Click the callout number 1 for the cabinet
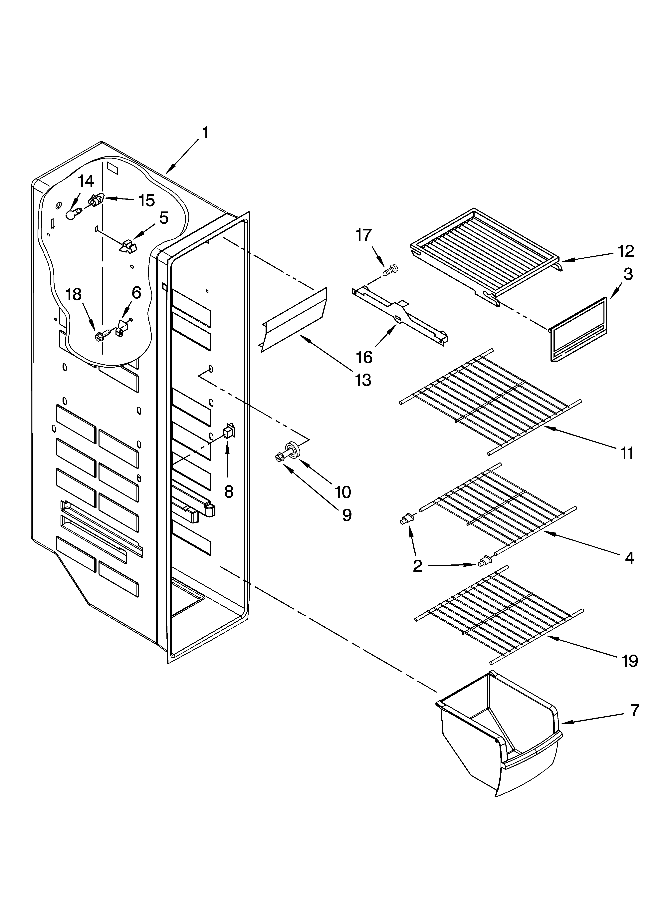point(205,133)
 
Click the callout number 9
point(346,515)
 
